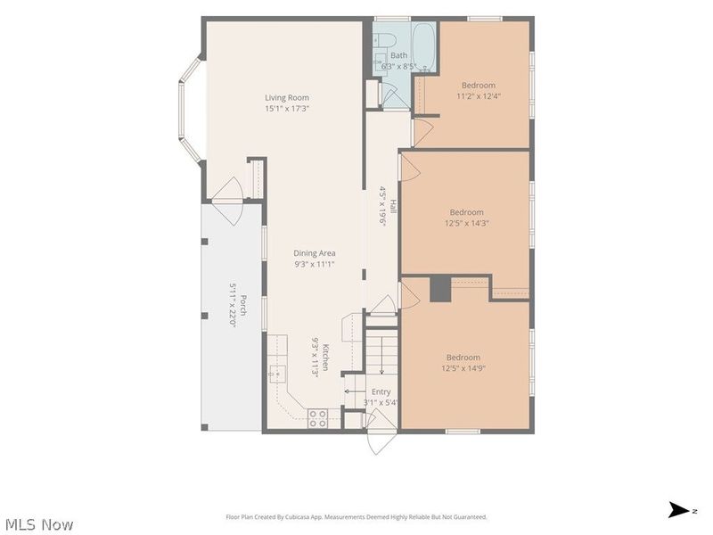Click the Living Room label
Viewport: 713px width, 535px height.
coord(287,97)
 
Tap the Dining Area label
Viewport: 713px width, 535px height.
coord(315,253)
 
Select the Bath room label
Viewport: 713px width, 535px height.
coord(398,55)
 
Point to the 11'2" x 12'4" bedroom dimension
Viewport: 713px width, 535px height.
coord(479,96)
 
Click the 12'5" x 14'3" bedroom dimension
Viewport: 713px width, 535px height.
coord(466,223)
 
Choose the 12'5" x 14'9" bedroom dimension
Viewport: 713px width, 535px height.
coord(463,368)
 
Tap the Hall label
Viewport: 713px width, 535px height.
coord(393,207)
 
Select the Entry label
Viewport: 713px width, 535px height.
coord(381,391)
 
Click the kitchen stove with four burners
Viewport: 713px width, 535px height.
coord(317,418)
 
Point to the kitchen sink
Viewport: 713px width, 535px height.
coord(277,374)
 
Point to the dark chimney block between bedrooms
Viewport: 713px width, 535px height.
coord(440,289)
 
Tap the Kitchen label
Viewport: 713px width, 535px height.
coord(325,358)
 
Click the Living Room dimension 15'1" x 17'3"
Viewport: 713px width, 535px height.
coord(287,108)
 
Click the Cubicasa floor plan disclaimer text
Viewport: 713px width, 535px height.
coord(356,517)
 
